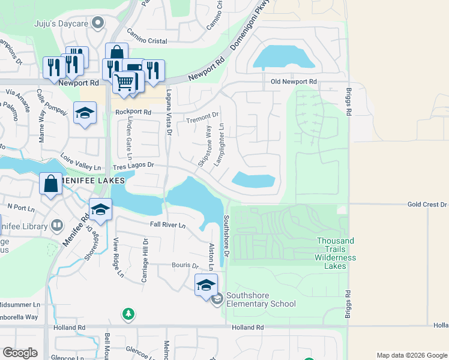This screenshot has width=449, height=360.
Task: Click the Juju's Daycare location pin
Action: click(x=99, y=23)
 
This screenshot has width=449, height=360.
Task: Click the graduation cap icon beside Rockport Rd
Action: click(x=85, y=113)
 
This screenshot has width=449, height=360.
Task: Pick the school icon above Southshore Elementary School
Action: click(x=206, y=284)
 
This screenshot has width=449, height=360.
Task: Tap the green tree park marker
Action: click(x=127, y=314)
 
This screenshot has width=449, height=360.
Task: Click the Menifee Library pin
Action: click(x=57, y=226)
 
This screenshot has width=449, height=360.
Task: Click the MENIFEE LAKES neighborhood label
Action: click(x=93, y=181)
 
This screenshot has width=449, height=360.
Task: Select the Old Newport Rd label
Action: click(x=294, y=82)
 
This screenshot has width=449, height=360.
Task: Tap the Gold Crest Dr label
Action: click(x=427, y=205)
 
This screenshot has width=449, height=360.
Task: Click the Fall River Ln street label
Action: click(x=167, y=226)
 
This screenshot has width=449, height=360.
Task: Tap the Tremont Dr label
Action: click(x=202, y=118)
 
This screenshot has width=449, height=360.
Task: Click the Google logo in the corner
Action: click(x=20, y=353)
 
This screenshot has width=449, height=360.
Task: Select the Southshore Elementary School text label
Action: click(x=261, y=304)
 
